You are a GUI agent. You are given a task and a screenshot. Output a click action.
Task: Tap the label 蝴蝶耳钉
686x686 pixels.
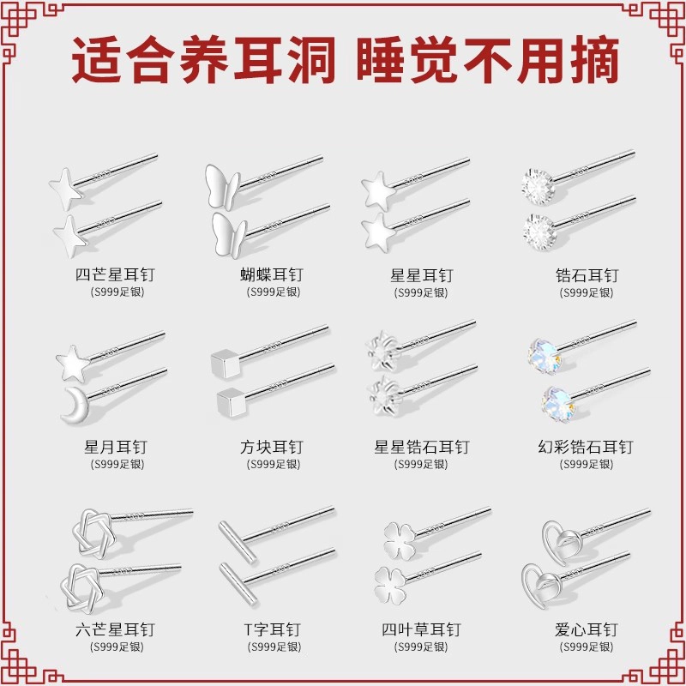point(271,274)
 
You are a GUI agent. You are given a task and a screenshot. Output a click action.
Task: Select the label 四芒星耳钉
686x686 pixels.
point(115,274)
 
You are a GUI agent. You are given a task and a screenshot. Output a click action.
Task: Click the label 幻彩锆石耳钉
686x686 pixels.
point(586,447)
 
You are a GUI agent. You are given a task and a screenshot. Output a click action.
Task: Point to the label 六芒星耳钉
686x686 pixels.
point(115,630)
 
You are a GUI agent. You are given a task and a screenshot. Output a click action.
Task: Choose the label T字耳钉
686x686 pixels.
point(272,630)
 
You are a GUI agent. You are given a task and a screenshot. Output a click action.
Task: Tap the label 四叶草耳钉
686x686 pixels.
point(421,630)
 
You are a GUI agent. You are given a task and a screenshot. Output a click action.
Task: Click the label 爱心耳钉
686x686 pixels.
point(587,630)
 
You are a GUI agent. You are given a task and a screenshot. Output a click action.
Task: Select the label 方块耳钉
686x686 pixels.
point(271,447)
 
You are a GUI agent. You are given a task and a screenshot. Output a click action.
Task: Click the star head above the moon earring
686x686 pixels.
point(74,364)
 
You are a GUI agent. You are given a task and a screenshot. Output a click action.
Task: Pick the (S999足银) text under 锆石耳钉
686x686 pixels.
point(587,292)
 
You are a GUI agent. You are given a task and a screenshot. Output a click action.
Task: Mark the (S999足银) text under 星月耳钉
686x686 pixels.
point(117,464)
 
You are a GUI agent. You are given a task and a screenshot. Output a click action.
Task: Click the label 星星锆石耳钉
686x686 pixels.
point(421,447)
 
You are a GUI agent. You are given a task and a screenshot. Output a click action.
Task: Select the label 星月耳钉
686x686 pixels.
point(116,447)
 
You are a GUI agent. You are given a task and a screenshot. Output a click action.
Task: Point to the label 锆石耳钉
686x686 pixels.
point(587,275)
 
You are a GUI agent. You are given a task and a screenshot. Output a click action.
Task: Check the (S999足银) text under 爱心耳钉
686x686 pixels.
point(587,647)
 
